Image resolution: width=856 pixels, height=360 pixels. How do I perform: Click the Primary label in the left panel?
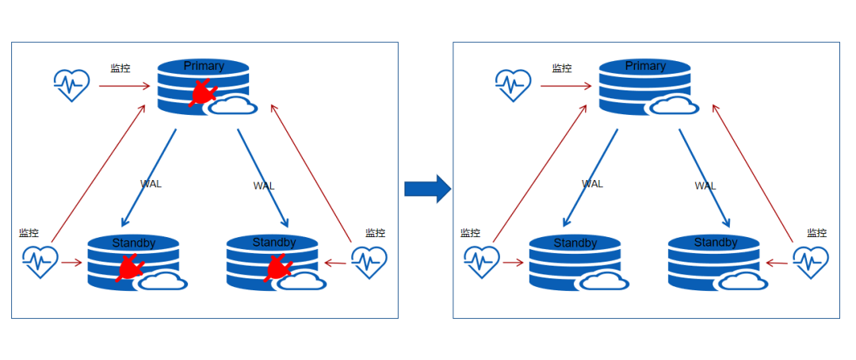(x=204, y=66)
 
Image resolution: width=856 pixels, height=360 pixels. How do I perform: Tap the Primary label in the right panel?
(x=645, y=66)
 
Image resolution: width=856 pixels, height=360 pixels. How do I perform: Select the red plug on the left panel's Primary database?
(x=203, y=92)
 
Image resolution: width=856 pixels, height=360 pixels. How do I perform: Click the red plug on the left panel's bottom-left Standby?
(x=128, y=269)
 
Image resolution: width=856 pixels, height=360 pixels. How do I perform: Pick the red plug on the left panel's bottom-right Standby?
(x=277, y=269)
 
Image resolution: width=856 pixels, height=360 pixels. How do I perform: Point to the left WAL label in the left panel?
(x=151, y=184)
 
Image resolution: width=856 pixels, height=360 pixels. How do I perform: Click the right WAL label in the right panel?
(x=705, y=186)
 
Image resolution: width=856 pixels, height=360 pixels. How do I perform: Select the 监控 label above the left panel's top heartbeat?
(x=120, y=69)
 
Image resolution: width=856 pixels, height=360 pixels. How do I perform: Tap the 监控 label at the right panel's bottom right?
(x=817, y=233)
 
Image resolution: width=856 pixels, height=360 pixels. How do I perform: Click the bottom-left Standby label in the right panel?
(x=575, y=243)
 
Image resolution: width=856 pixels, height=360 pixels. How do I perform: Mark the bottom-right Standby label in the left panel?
(x=273, y=242)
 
